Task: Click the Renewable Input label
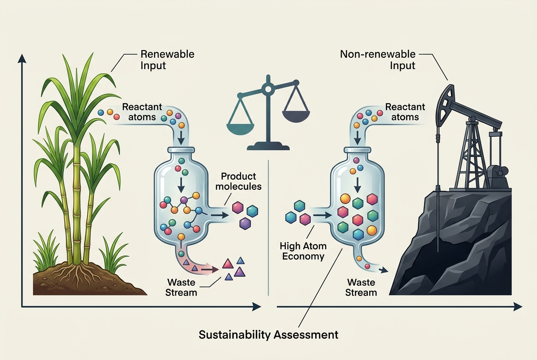pyautogui.click(x=167, y=59)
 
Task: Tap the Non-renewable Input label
pyautogui.click(x=378, y=59)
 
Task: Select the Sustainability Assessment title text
pyautogui.click(x=268, y=335)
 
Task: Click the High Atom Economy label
pyautogui.click(x=303, y=251)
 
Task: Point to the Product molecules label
pyautogui.click(x=238, y=181)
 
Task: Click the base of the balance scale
pyautogui.click(x=268, y=146)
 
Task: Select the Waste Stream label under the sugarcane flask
pyautogui.click(x=181, y=287)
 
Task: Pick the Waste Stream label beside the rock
pyautogui.click(x=361, y=287)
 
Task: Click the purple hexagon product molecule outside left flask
pyautogui.click(x=245, y=224)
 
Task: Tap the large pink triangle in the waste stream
pyautogui.click(x=228, y=264)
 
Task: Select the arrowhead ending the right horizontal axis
pyautogui.click(x=518, y=307)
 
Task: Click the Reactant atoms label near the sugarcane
pyautogui.click(x=142, y=112)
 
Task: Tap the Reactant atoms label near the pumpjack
pyautogui.click(x=405, y=112)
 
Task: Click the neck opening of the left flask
pyautogui.click(x=181, y=150)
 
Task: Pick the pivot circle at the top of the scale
pyautogui.click(x=268, y=89)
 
